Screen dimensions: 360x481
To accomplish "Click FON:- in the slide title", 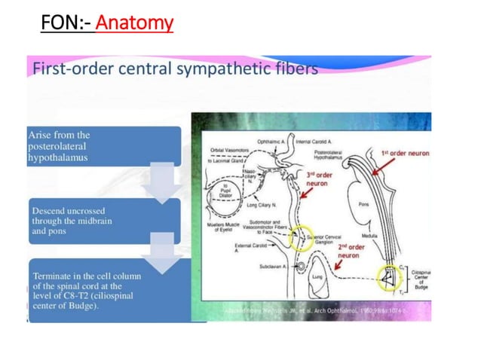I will pyautogui.click(x=67, y=24).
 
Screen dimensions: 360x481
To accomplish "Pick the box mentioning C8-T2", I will pyautogui.click(x=104, y=290).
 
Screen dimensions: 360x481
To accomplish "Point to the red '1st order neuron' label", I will pyautogui.click(x=405, y=153).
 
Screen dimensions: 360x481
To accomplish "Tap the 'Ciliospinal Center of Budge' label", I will pyautogui.click(x=421, y=279).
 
